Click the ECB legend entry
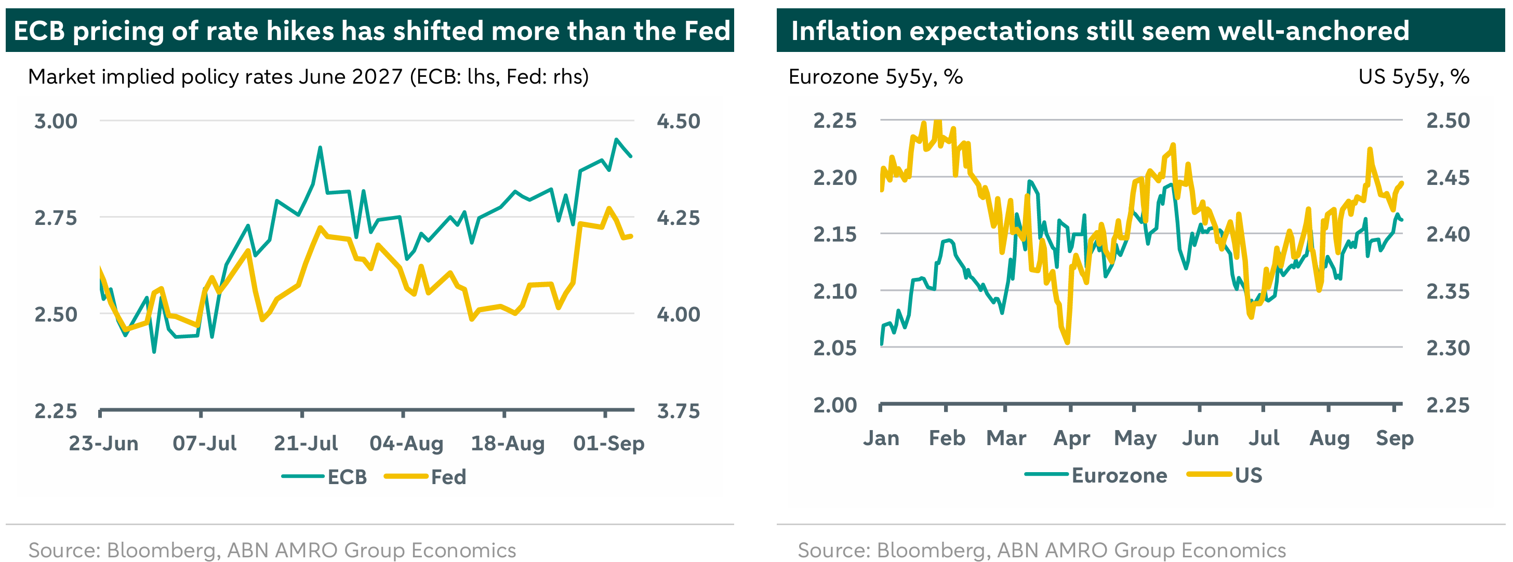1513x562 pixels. coord(324,476)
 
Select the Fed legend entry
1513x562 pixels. coord(425,476)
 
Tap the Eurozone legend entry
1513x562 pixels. coord(1096,475)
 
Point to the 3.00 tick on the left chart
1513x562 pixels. coord(56,121)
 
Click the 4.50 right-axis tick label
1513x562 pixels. coord(679,121)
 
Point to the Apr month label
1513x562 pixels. coord(1072,438)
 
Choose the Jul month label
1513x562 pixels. coord(1264,438)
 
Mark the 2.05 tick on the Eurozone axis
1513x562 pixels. coord(834,347)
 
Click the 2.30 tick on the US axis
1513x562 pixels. coord(1448,347)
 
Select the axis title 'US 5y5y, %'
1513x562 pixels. coord(1414,77)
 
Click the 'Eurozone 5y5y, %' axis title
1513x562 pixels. coord(875,77)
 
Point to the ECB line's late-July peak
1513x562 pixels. coord(320,148)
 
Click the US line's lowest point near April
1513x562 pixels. coord(1067,342)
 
